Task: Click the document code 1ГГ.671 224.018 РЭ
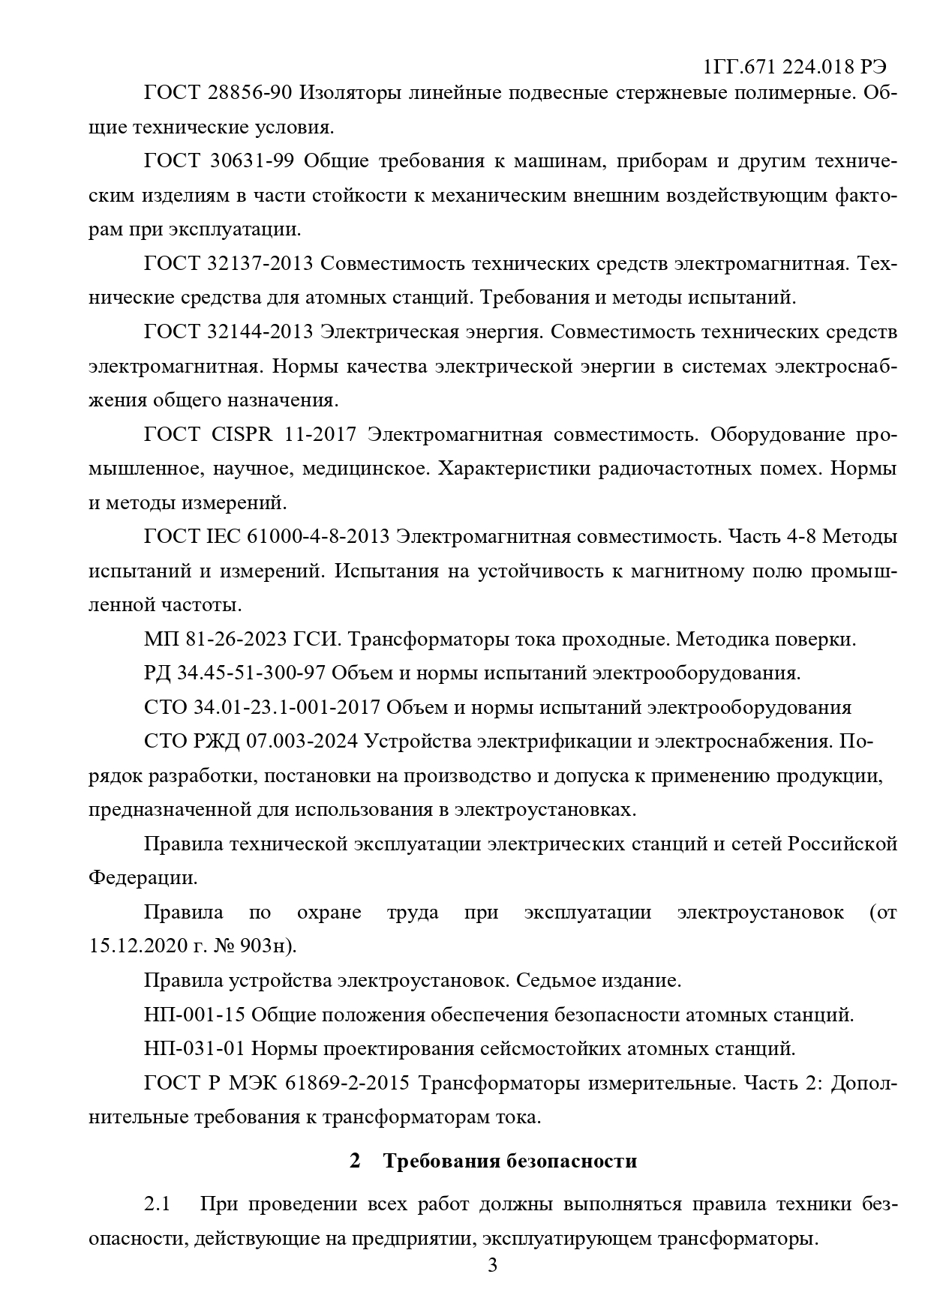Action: (x=795, y=67)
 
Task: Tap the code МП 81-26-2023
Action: (x=215, y=640)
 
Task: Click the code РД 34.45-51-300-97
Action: (x=234, y=673)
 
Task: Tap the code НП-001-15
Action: (x=194, y=1015)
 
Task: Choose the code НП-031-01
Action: (x=194, y=1048)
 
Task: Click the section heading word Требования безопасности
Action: (x=509, y=1161)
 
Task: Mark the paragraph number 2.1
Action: (x=158, y=1204)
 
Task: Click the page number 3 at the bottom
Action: (x=493, y=1267)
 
